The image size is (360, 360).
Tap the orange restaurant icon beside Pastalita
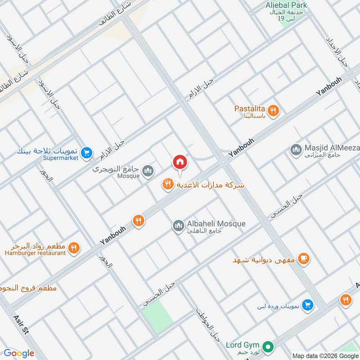coord(273,110)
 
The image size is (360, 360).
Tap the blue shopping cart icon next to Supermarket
coord(87,154)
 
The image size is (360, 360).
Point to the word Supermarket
coord(61,158)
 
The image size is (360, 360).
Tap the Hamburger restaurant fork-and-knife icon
coord(75,247)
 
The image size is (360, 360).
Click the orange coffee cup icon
coord(304,258)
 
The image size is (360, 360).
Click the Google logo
coord(19,353)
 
